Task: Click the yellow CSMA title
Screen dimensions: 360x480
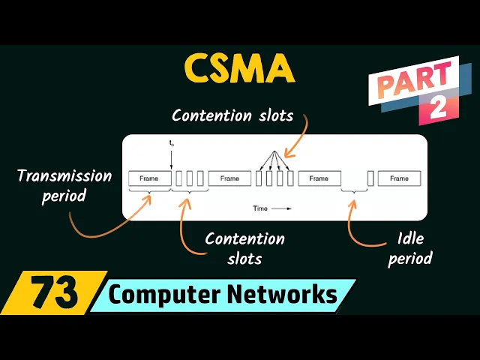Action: [239, 70]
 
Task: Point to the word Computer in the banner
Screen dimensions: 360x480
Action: [157, 295]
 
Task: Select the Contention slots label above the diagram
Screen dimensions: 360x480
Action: [232, 115]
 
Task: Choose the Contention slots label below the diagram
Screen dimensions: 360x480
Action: [244, 248]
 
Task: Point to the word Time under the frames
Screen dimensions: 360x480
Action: [260, 208]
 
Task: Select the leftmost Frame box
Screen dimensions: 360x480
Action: [149, 178]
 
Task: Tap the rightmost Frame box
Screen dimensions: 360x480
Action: [399, 178]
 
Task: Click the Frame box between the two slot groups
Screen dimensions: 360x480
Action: [229, 178]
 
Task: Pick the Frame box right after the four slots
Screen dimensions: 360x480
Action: [319, 178]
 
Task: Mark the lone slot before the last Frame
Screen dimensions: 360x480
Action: [370, 178]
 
